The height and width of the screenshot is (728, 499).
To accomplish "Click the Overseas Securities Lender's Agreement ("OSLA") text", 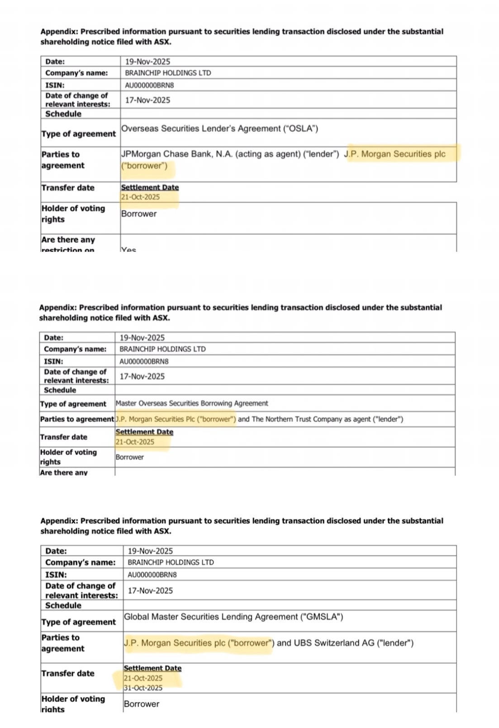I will point(219,129).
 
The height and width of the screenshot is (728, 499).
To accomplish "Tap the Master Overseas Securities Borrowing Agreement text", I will point(191,403).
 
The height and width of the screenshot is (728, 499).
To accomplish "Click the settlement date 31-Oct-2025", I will point(143,688).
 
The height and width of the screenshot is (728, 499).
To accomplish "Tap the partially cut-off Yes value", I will point(128,249).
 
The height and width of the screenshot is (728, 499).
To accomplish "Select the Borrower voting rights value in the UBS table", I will point(142,704).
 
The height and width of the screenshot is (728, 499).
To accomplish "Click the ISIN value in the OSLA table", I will point(149,85).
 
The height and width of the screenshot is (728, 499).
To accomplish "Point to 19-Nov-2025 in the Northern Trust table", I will point(142,338).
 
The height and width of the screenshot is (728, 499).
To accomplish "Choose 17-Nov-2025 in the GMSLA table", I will point(150,590).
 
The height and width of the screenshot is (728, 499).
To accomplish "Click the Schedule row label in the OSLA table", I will point(63,114).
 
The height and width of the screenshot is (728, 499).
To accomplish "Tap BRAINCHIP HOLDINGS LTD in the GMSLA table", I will point(171,562).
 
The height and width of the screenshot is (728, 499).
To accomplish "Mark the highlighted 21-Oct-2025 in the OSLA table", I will point(140,197).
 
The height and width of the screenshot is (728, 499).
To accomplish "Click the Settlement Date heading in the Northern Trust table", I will point(144,432).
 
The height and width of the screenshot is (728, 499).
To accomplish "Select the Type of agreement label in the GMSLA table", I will point(79,622).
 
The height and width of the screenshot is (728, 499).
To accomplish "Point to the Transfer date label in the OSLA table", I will point(68,188).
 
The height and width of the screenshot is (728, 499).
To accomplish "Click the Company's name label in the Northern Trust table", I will point(75,349).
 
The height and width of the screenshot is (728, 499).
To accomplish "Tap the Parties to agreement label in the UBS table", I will point(63,643).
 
